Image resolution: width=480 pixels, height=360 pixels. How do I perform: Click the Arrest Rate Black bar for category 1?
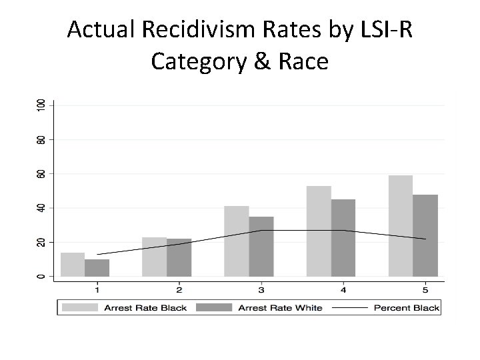(x=73, y=265)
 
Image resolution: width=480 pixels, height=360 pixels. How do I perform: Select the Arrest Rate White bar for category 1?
(x=97, y=268)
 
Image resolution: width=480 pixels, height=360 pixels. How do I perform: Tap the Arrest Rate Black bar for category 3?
(x=236, y=241)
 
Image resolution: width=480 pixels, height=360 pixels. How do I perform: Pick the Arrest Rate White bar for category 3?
(x=261, y=247)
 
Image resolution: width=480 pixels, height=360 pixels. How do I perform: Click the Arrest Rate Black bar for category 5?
(x=401, y=226)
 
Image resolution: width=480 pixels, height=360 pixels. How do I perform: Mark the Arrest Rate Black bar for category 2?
(x=154, y=257)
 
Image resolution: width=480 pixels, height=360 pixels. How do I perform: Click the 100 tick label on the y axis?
(x=41, y=105)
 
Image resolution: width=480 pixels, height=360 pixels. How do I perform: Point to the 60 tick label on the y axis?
(x=41, y=174)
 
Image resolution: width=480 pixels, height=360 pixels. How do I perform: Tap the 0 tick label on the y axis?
(x=41, y=276)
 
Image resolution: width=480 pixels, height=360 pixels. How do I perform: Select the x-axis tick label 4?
(x=343, y=290)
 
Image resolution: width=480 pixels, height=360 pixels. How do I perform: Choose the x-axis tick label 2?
(x=179, y=290)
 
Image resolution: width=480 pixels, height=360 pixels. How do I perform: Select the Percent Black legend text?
(x=407, y=307)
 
